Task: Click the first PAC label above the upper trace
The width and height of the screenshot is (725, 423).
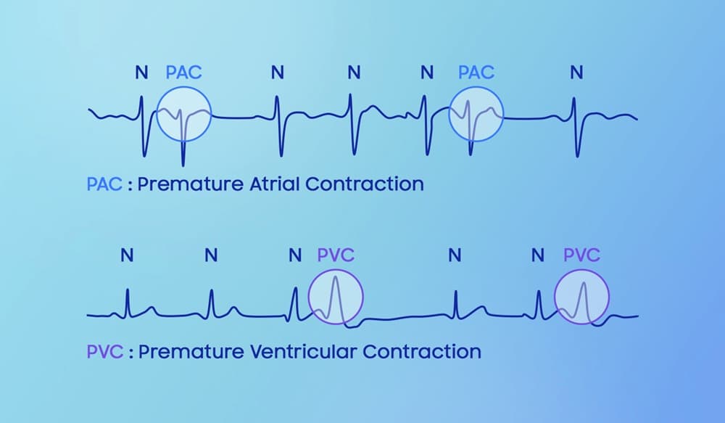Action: click(x=183, y=73)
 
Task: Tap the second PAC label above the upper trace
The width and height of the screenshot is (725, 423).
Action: click(x=476, y=73)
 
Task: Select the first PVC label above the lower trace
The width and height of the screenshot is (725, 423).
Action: click(x=336, y=255)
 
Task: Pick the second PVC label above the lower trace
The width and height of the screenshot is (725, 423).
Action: click(x=581, y=255)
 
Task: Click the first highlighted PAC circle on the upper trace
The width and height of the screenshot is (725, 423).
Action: click(x=157, y=113)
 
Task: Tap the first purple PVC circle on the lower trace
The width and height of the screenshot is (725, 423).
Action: click(x=308, y=297)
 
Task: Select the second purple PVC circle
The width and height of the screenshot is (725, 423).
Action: click(x=555, y=297)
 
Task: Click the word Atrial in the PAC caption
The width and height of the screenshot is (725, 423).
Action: click(x=275, y=184)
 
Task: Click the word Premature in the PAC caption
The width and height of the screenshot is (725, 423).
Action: click(x=191, y=184)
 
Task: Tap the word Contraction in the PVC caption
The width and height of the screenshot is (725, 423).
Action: click(x=422, y=352)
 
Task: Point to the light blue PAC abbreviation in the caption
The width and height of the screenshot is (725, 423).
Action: click(x=104, y=184)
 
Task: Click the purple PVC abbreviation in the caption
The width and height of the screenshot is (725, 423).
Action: click(x=105, y=352)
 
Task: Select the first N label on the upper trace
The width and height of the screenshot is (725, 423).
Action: click(x=141, y=73)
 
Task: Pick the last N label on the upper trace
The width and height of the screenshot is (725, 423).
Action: click(x=576, y=73)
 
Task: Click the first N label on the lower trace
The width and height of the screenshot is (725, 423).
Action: click(x=127, y=255)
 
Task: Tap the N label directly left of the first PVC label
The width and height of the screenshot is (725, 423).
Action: click(x=295, y=255)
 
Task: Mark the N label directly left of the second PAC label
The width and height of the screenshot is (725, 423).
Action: click(x=427, y=73)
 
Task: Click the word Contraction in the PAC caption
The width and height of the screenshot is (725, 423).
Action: click(x=365, y=184)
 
